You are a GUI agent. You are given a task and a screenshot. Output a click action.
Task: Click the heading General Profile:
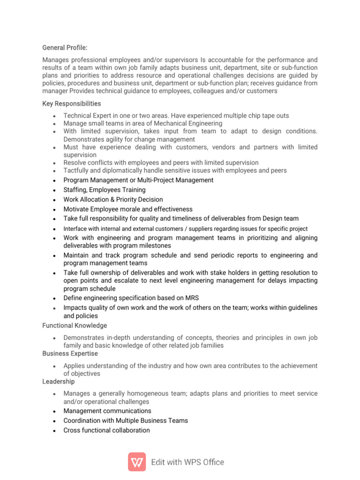click(65, 47)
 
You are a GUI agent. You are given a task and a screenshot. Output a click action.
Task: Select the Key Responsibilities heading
click(71, 104)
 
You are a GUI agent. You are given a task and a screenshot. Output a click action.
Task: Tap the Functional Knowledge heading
click(75, 325)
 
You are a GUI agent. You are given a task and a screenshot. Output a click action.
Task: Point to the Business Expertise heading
click(70, 353)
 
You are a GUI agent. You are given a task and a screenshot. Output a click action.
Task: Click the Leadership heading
click(58, 382)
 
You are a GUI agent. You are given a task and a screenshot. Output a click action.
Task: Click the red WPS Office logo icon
click(137, 462)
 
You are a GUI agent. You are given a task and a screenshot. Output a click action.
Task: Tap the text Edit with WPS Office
click(187, 462)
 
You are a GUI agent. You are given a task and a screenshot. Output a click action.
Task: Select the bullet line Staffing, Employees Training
click(104, 190)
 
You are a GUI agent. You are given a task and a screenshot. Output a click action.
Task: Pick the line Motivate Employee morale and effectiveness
click(127, 209)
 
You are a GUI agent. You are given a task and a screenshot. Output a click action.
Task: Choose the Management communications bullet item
click(107, 411)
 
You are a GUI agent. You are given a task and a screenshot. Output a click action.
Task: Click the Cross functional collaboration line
click(106, 430)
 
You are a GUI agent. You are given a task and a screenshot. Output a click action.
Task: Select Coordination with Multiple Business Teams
click(126, 420)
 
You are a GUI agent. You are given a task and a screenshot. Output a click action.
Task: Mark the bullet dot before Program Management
click(55, 180)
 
